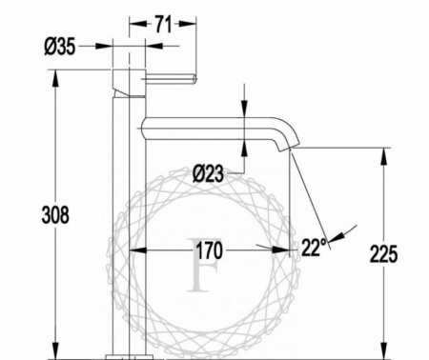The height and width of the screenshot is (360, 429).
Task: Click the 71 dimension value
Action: [163, 26]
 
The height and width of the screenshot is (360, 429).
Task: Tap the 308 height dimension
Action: [56, 215]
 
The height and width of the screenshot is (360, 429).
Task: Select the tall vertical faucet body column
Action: [129, 219]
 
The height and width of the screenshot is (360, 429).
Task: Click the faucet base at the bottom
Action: [129, 355]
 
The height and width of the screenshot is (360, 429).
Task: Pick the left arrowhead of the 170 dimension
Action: [133, 250]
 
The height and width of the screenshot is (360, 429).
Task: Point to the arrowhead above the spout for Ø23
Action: [245, 112]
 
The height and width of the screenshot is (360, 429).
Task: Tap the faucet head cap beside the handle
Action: [129, 81]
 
